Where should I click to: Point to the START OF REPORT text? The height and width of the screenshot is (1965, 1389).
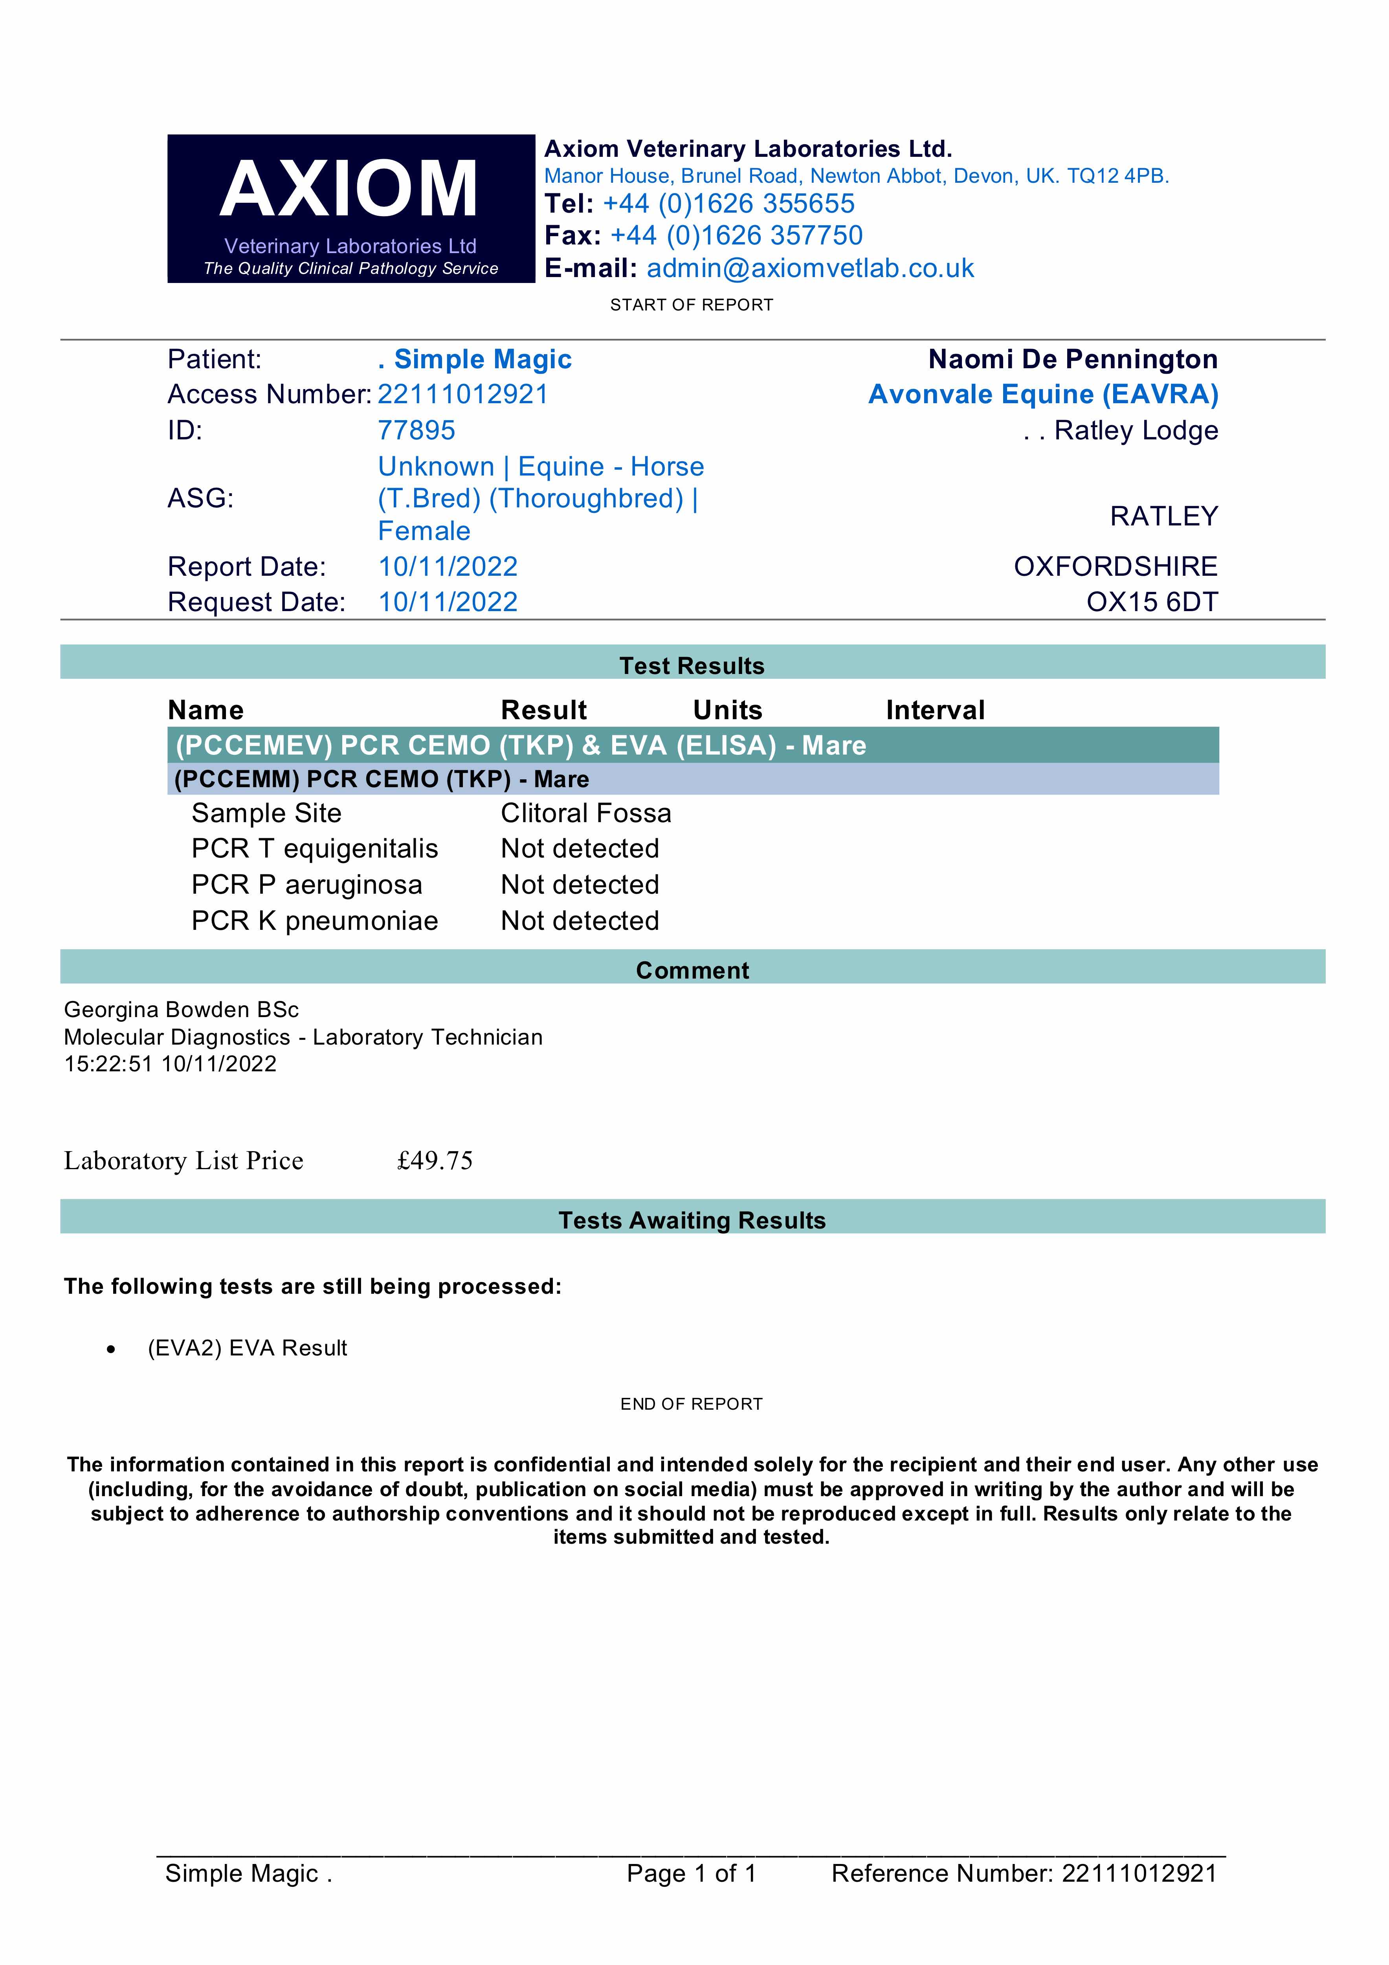click(x=692, y=305)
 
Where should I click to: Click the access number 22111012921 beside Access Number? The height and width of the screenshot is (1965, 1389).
click(x=463, y=395)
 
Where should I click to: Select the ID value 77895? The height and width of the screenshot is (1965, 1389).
click(x=417, y=430)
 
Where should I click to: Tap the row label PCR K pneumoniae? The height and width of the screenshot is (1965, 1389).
click(x=314, y=921)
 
